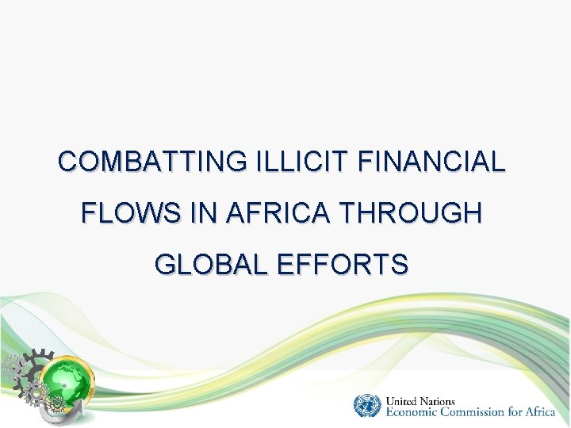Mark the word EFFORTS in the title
click(343, 263)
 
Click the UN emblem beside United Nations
click(367, 405)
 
